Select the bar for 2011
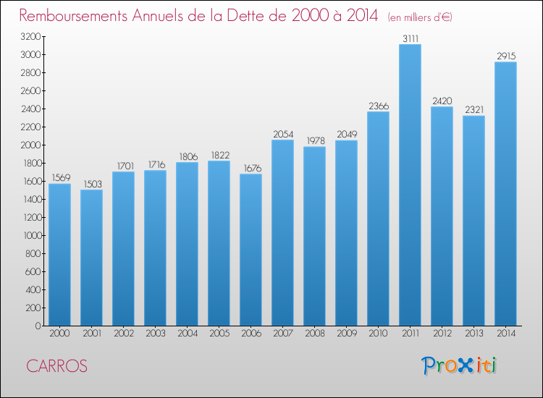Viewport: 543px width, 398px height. click(410, 185)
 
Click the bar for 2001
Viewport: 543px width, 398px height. click(91, 258)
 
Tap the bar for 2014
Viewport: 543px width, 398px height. click(505, 194)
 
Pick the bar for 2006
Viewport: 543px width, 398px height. click(251, 250)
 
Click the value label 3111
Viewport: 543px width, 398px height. click(411, 38)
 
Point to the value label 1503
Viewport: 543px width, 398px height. click(93, 184)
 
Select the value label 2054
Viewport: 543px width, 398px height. click(283, 134)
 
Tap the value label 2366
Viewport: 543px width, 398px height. click(379, 106)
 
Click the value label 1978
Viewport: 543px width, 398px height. click(316, 140)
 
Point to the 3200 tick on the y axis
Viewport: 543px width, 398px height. click(30, 36)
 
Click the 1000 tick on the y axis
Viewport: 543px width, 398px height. click(32, 235)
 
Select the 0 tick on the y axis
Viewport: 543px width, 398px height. click(38, 326)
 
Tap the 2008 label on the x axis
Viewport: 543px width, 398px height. click(315, 333)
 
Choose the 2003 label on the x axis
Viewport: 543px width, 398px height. click(156, 333)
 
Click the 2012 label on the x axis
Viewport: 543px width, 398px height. click(442, 333)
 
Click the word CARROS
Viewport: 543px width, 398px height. click(56, 366)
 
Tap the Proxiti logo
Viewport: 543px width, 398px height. click(459, 365)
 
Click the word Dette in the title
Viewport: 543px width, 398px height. click(247, 15)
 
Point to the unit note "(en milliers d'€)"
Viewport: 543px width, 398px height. click(420, 17)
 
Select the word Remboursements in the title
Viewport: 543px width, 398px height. click(73, 15)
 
